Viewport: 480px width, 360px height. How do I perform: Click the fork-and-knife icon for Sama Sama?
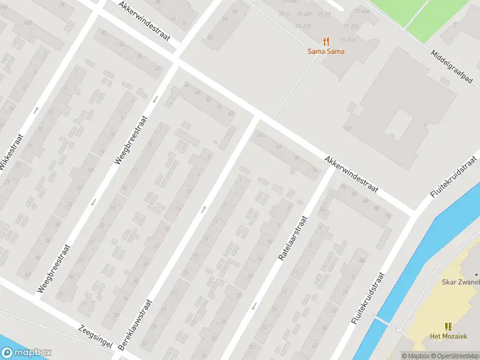pos(326,41)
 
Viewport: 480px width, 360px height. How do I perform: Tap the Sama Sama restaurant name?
pos(326,52)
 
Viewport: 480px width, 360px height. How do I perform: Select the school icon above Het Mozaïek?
pos(448,326)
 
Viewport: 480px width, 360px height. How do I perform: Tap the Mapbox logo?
pos(26,353)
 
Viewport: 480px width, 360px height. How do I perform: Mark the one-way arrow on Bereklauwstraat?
pos(204,209)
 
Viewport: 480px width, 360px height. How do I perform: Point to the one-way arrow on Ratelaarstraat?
pos(254,305)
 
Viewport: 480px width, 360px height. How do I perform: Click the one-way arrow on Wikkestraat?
pos(36,110)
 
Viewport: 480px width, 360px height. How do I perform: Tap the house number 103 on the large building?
pos(347,128)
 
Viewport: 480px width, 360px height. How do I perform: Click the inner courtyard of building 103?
pos(399,125)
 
